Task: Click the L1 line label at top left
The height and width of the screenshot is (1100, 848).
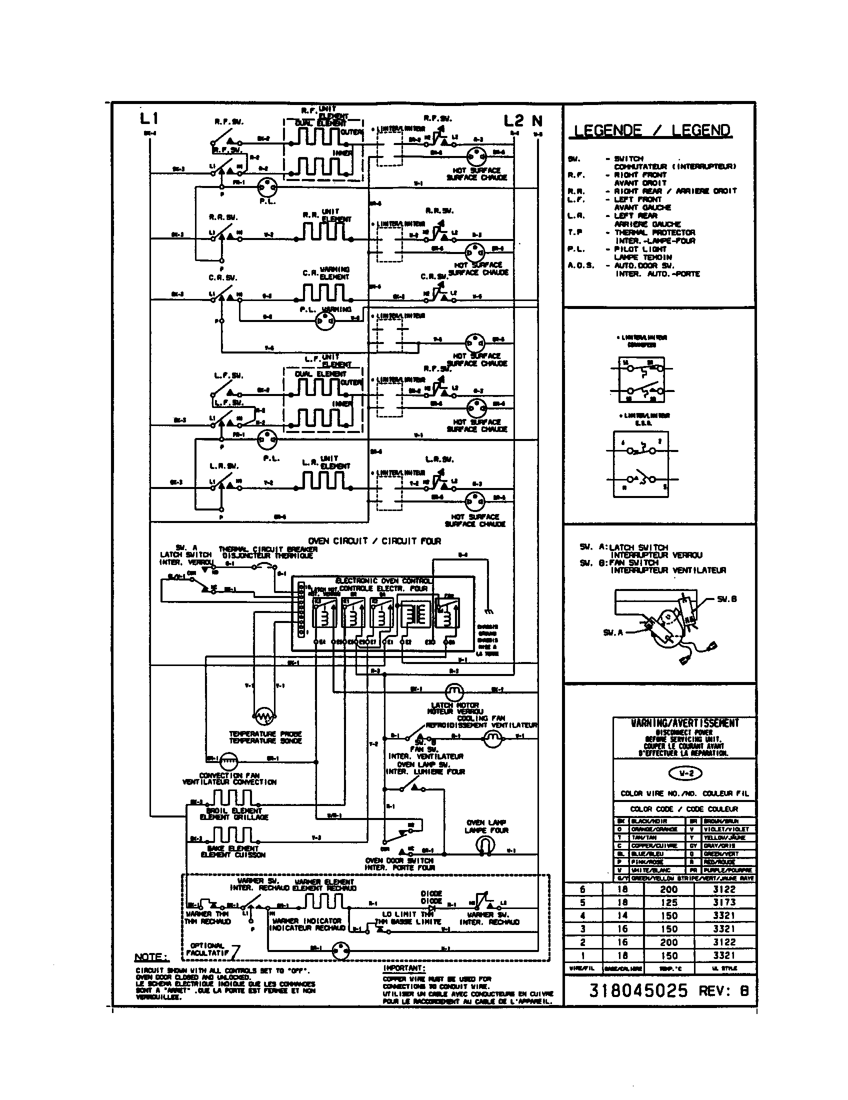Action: coord(149,119)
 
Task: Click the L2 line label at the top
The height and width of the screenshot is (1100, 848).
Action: coord(513,121)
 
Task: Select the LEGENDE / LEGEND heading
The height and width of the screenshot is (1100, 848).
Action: coord(652,130)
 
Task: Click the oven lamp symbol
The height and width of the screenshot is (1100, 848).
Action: coord(485,845)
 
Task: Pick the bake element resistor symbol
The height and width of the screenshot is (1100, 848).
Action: coord(232,835)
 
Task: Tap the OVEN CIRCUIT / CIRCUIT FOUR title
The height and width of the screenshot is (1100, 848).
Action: coord(374,541)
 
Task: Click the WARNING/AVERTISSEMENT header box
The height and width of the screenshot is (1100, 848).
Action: coord(684,723)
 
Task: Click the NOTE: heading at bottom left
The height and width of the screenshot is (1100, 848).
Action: coord(151,957)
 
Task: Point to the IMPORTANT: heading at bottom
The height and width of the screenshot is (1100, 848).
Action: coord(404,968)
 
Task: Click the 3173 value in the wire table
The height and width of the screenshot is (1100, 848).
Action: coord(724,902)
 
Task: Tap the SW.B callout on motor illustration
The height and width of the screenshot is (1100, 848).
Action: coord(726,599)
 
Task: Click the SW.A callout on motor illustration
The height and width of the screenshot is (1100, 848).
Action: coord(613,632)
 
